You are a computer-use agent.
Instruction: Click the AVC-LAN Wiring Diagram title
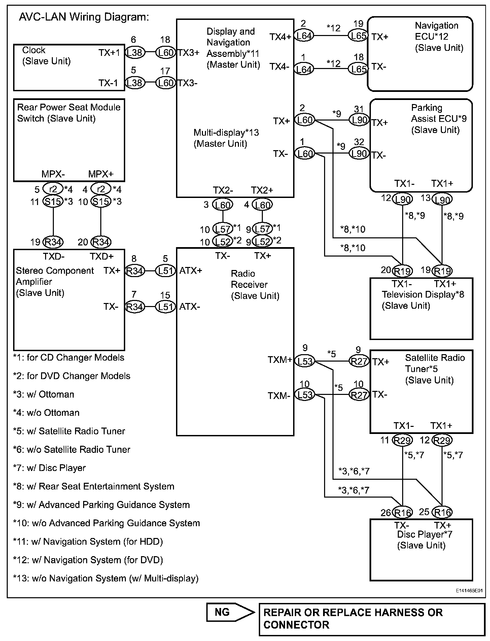tap(84, 17)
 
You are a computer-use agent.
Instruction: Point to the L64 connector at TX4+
tap(304, 36)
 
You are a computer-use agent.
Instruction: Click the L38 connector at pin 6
tap(135, 52)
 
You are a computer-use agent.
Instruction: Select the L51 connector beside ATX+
tap(166, 270)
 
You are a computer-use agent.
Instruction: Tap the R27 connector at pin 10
tap(359, 395)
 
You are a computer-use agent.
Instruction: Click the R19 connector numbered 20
tap(403, 271)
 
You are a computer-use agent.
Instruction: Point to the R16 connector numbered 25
tap(442, 512)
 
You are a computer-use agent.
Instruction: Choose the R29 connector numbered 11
tap(403, 440)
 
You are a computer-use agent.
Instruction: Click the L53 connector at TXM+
tap(305, 361)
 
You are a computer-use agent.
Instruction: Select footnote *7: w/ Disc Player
tap(49, 468)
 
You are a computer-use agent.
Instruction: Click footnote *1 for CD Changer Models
tap(69, 358)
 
